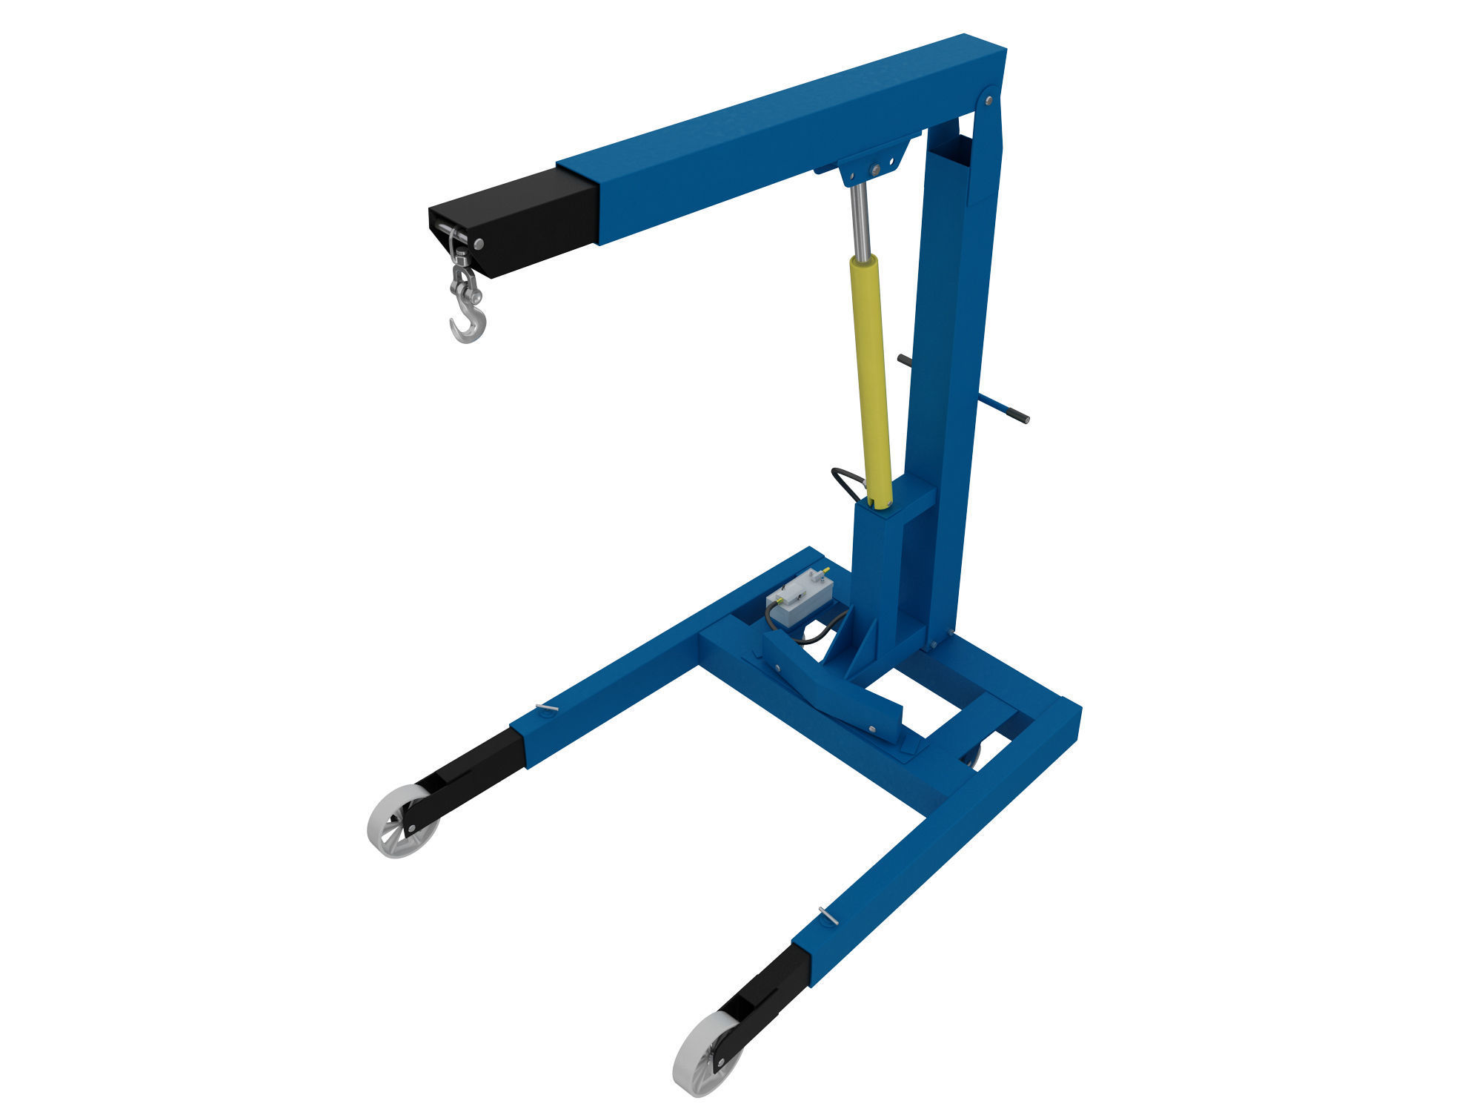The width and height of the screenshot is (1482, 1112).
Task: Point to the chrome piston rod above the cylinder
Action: point(860,219)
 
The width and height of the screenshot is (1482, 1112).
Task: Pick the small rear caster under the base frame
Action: point(971,756)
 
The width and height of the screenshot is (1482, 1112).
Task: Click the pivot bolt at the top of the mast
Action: point(988,99)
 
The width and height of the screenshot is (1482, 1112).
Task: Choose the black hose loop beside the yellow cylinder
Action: point(845,482)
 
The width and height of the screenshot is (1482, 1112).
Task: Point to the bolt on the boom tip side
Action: point(479,243)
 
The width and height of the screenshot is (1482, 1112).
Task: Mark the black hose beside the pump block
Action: point(815,634)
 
